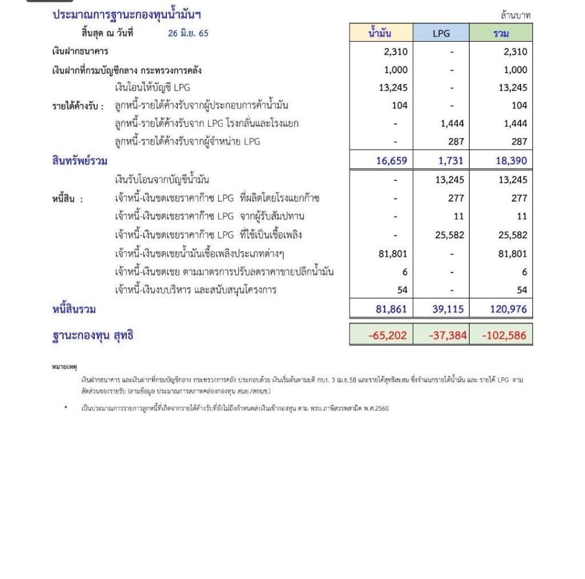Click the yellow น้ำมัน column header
click(x=381, y=33)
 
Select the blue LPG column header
click(x=441, y=33)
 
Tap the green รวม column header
click(x=501, y=33)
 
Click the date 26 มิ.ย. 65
click(x=188, y=33)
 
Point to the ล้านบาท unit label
click(x=515, y=15)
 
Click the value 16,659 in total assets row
click(x=392, y=161)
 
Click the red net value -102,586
click(x=504, y=335)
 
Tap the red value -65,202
click(x=388, y=335)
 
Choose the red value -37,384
click(x=448, y=335)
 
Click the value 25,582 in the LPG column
click(x=449, y=235)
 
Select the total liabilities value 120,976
click(x=508, y=309)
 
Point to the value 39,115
click(x=449, y=309)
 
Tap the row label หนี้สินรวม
click(x=74, y=309)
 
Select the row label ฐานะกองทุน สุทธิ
click(x=93, y=335)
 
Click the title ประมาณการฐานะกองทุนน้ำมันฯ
click(x=127, y=15)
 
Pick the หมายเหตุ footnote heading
click(x=64, y=366)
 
